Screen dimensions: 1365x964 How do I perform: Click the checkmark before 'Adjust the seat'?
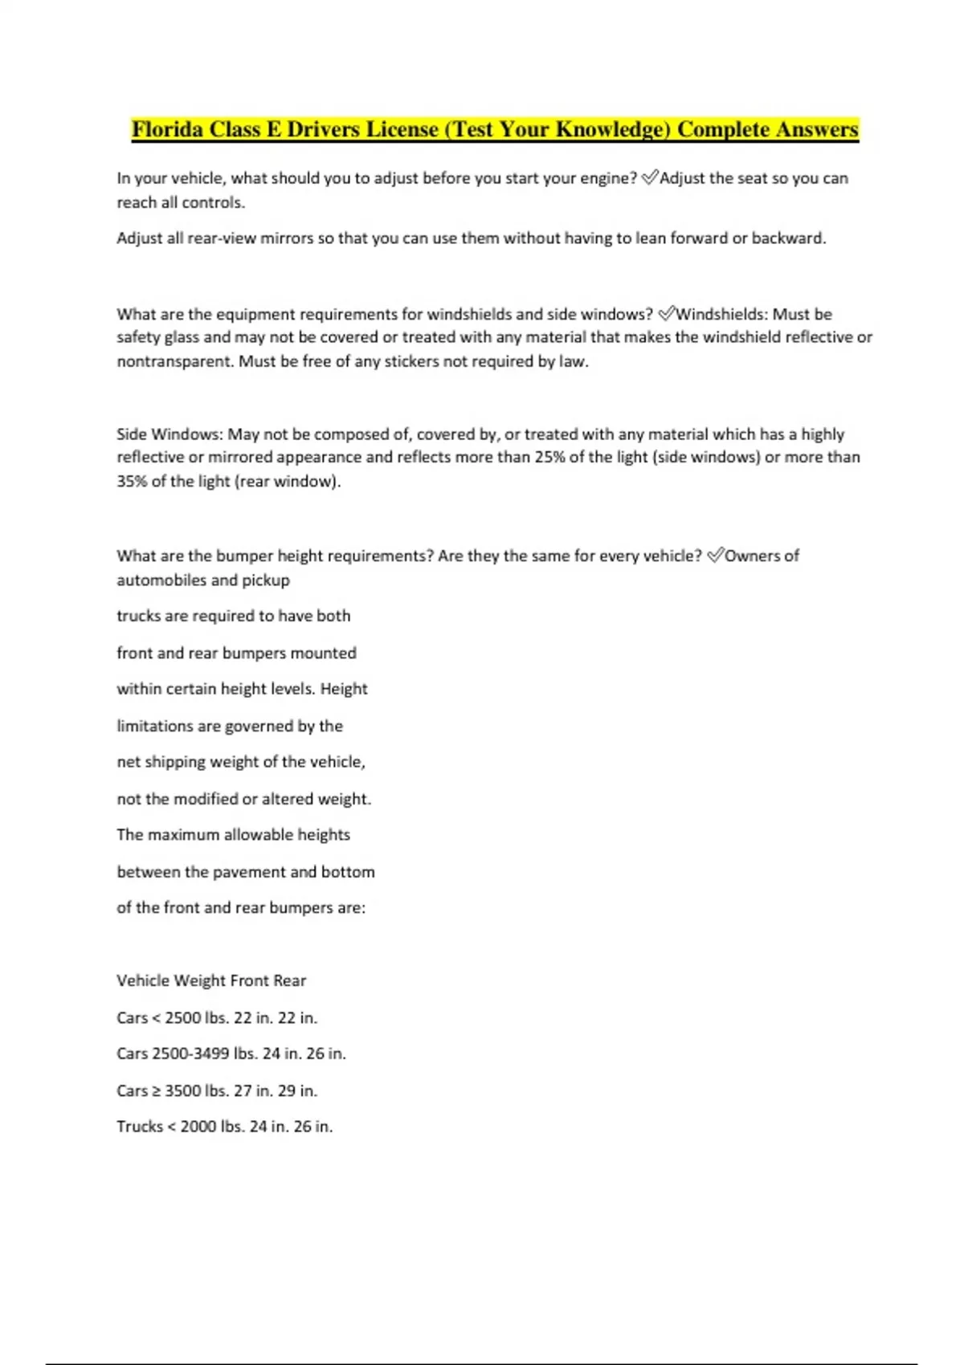click(650, 178)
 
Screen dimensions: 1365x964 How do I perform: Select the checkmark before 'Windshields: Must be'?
click(666, 314)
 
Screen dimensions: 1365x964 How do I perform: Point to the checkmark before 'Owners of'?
click(715, 556)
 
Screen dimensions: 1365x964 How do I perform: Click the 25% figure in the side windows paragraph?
click(549, 457)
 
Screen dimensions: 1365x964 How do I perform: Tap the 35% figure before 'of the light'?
click(132, 481)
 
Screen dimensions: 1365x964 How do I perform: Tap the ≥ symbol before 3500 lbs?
click(156, 1090)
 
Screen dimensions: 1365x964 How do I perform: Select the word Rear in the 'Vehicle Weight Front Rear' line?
click(289, 980)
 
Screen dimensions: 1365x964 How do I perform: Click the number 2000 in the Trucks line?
click(198, 1127)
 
